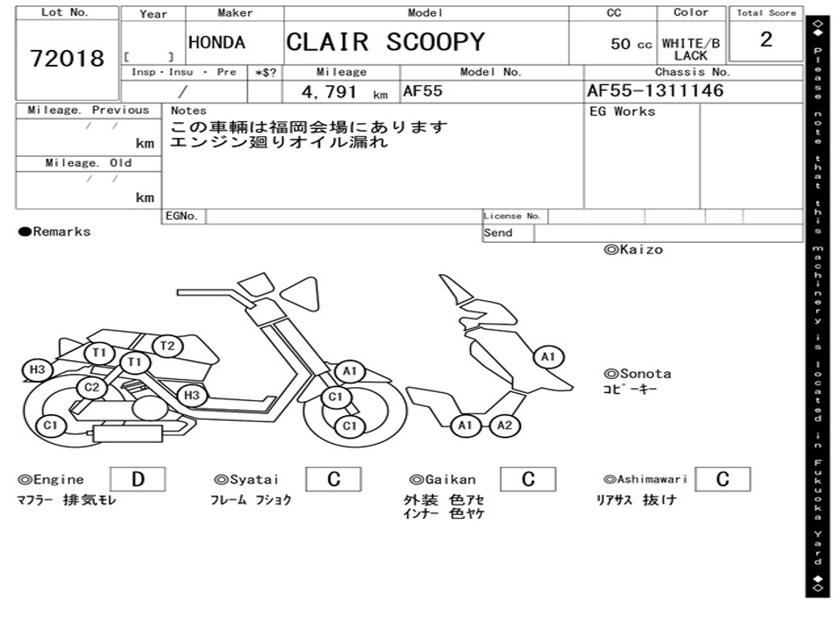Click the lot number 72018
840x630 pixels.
pyautogui.click(x=67, y=58)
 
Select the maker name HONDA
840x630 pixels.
pyautogui.click(x=217, y=43)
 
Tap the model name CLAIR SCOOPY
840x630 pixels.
pyautogui.click(x=385, y=43)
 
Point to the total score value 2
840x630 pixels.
pyautogui.click(x=765, y=40)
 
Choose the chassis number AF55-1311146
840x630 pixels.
pyautogui.click(x=655, y=91)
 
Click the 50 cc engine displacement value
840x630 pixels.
pyautogui.click(x=631, y=44)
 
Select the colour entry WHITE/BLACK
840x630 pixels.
pyautogui.click(x=691, y=49)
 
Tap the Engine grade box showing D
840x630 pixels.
pyautogui.click(x=137, y=479)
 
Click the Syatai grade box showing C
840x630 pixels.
pyautogui.click(x=334, y=479)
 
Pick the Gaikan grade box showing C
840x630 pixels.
pyautogui.click(x=528, y=479)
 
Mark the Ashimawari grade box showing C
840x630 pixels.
pyautogui.click(x=722, y=479)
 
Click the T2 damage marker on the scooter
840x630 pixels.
pyautogui.click(x=167, y=346)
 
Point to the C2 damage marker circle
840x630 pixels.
pyautogui.click(x=92, y=388)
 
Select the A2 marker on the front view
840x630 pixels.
pyautogui.click(x=504, y=425)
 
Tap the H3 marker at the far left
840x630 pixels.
pyautogui.click(x=37, y=370)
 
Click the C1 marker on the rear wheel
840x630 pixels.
pyautogui.click(x=51, y=425)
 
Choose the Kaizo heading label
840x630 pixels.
pyautogui.click(x=633, y=249)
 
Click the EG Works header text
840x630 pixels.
pyautogui.click(x=623, y=112)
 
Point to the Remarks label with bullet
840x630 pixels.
pyautogui.click(x=55, y=231)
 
